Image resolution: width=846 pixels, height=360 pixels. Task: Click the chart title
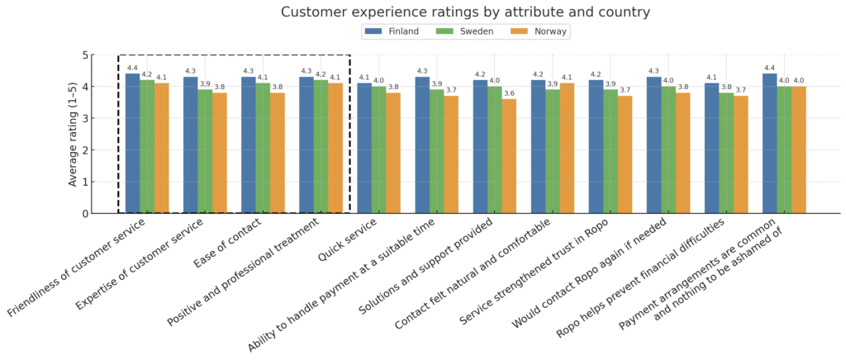point(465,12)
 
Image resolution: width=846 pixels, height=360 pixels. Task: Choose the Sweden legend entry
point(469,31)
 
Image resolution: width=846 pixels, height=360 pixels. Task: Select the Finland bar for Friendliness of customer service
point(132,144)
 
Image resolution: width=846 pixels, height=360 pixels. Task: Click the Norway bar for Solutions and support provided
point(509,156)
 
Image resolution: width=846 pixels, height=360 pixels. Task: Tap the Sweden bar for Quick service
point(378,149)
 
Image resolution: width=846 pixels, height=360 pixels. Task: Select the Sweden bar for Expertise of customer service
point(205,151)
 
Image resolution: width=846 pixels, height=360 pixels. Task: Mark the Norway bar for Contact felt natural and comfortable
point(567,149)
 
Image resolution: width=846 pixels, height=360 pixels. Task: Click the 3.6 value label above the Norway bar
point(509,93)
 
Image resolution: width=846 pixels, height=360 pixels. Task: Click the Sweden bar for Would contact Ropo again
point(668,149)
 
